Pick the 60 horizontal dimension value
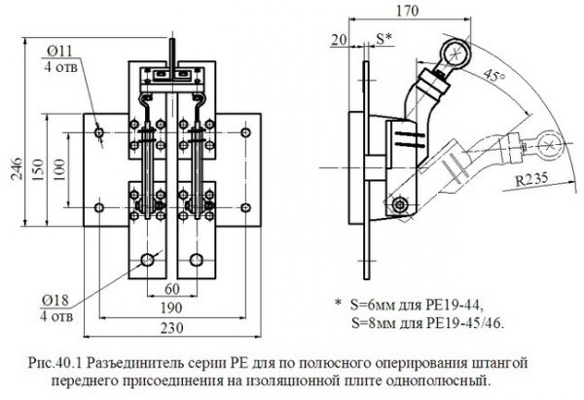172,289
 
